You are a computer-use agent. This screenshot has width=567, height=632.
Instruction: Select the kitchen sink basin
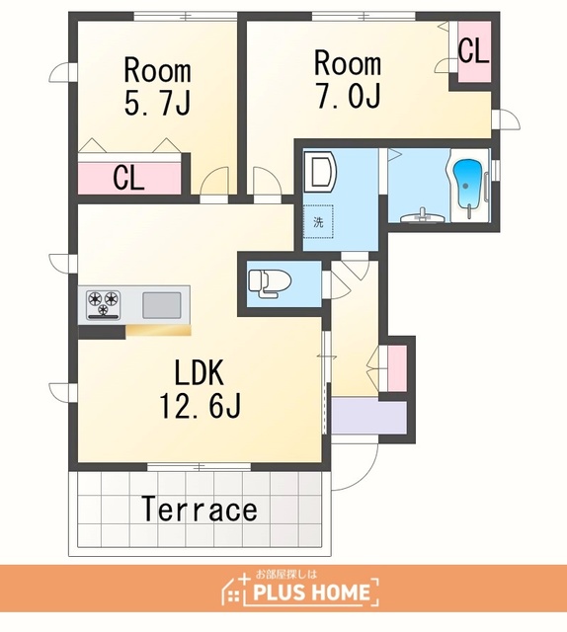click(x=161, y=305)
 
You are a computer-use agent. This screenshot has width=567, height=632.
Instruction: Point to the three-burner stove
click(x=104, y=303)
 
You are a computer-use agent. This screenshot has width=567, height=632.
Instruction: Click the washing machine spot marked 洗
click(x=318, y=222)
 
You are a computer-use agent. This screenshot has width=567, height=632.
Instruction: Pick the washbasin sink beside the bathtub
click(x=423, y=216)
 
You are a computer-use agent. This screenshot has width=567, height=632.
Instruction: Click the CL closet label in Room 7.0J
click(x=474, y=50)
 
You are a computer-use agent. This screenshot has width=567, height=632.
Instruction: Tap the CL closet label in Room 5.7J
click(x=128, y=178)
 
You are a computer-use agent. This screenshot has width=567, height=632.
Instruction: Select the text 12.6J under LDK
click(x=201, y=405)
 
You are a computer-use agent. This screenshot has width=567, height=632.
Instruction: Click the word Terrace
click(x=200, y=509)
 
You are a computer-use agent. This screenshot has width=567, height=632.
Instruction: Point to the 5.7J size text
click(x=157, y=103)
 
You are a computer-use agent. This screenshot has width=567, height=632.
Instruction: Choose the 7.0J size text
click(x=348, y=96)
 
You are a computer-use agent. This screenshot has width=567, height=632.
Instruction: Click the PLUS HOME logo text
click(x=311, y=592)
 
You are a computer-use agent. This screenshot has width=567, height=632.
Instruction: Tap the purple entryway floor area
click(x=368, y=417)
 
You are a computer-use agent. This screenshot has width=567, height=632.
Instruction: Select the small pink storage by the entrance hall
click(x=396, y=368)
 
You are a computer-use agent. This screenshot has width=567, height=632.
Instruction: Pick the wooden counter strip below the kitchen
click(x=158, y=331)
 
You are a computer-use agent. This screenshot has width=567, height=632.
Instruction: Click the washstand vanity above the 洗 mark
click(x=319, y=172)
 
